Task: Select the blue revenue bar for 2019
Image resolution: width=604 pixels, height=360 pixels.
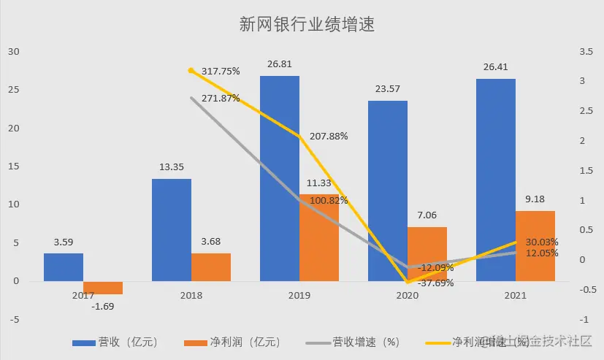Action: [x=280, y=179]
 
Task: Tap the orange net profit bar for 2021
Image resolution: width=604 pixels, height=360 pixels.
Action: [x=535, y=246]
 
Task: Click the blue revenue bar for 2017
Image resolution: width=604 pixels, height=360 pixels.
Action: [x=64, y=267]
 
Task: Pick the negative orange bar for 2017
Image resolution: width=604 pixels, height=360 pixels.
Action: [x=103, y=288]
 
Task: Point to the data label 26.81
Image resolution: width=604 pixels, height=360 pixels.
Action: [x=280, y=64]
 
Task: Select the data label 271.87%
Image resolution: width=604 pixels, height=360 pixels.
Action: [x=221, y=98]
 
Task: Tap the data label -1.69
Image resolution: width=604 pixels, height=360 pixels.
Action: [x=103, y=305]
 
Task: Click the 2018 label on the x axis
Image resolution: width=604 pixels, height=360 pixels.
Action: [x=191, y=296]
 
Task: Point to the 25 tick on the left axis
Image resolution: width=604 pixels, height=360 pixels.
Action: [x=15, y=90]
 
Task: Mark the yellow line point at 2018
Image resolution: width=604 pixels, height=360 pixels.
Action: [x=191, y=70]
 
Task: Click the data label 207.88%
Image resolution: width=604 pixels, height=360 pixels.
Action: [x=328, y=136]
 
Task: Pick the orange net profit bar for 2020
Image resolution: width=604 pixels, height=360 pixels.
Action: [x=427, y=253]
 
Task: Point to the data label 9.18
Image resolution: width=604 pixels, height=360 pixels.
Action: [x=535, y=199]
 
